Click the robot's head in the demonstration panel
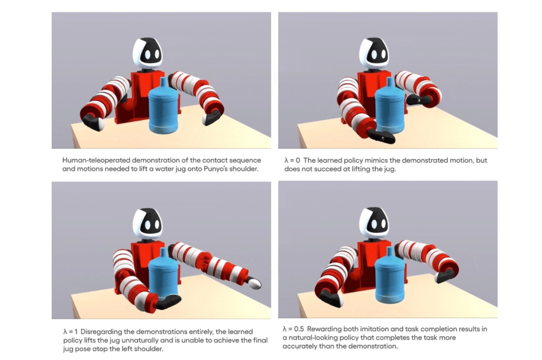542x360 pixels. pos(147,53)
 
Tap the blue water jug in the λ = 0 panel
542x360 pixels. pos(390,106)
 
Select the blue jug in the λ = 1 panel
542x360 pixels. pos(163,273)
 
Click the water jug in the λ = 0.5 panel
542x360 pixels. pos(390,276)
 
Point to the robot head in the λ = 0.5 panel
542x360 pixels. pos(374,222)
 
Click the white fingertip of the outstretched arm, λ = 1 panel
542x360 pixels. pos(255,283)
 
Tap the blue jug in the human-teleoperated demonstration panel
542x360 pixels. pos(163,106)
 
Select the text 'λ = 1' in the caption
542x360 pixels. pos(70,332)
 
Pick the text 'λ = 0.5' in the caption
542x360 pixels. pos(293,329)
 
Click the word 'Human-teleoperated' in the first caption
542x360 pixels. pos(96,161)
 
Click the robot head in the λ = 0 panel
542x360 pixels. pos(374,53)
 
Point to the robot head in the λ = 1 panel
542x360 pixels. pos(147,222)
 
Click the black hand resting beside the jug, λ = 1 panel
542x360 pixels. pos(168,302)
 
